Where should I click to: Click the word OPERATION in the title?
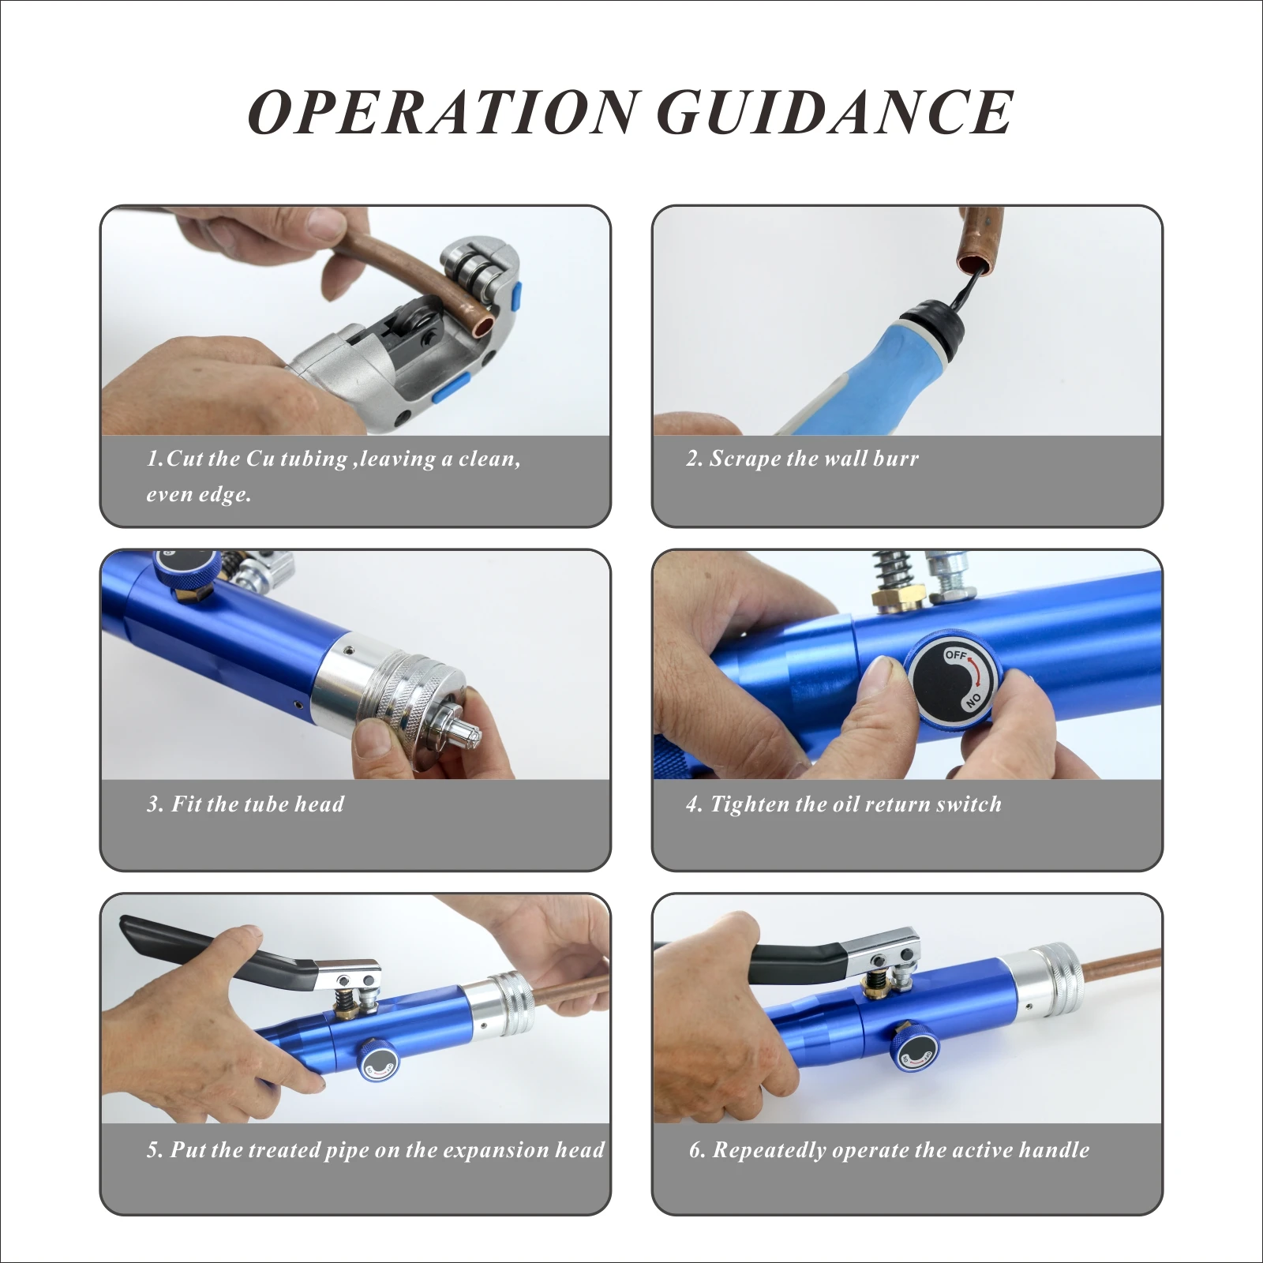(x=443, y=111)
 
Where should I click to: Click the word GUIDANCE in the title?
(x=835, y=111)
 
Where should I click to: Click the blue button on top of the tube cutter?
(x=517, y=299)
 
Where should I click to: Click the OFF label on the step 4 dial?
(x=955, y=654)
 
